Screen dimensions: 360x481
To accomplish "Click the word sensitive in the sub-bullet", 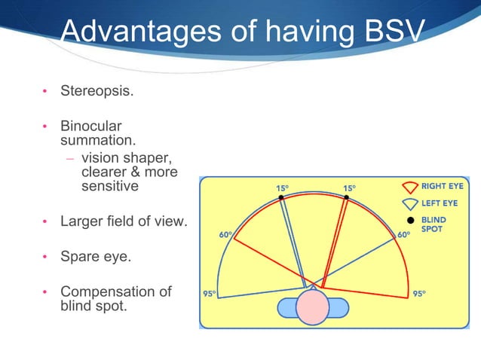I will point(110,185).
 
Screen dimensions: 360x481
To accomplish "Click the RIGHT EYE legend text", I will point(444,185).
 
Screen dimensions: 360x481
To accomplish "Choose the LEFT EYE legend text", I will point(440,202).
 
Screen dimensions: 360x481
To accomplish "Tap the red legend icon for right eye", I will point(409,186).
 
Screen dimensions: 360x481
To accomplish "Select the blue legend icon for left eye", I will point(409,203).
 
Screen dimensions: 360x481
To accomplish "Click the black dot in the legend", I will point(409,220).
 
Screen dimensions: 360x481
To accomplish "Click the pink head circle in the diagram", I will point(313,307).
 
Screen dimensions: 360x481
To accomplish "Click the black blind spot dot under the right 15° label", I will point(346,198).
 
